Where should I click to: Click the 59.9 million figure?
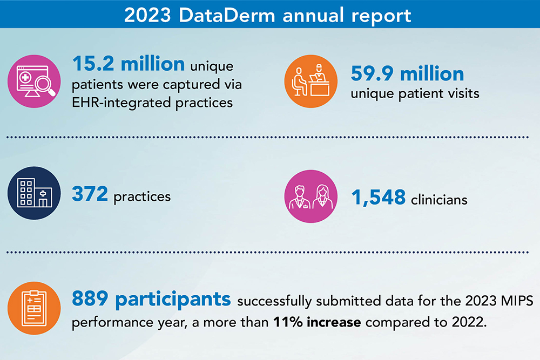407,73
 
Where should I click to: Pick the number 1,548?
379,198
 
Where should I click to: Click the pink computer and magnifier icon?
34,82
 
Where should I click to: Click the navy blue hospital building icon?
34,193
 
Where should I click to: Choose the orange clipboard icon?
34,309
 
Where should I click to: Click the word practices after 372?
142,196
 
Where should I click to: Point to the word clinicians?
438,200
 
